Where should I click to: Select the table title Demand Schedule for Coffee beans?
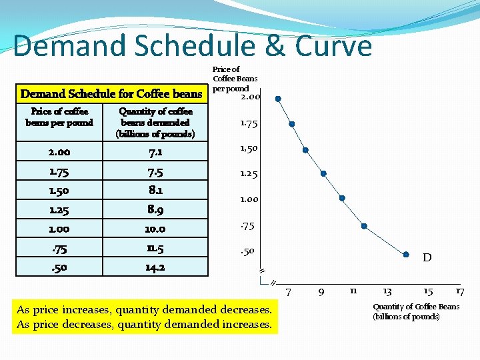tap(111, 94)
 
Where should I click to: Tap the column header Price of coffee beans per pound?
tap(59, 117)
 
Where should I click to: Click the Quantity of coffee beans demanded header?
tap(155, 123)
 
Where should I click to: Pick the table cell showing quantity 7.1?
tap(155, 152)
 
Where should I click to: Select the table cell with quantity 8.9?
tap(155, 210)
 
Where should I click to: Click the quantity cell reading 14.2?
tap(155, 267)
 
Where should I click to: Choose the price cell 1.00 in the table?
tap(59, 229)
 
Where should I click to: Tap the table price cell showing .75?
tap(59, 248)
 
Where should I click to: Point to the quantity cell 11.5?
tap(155, 248)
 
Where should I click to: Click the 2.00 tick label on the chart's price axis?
tap(251, 98)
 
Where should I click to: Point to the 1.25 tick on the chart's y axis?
tap(249, 174)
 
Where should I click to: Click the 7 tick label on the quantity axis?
tap(288, 292)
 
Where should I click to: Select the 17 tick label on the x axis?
tap(460, 292)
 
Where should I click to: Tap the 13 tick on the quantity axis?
tap(387, 292)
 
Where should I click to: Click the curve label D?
tap(427, 258)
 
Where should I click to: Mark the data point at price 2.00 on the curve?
tap(278, 99)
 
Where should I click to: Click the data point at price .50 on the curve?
tap(406, 254)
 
